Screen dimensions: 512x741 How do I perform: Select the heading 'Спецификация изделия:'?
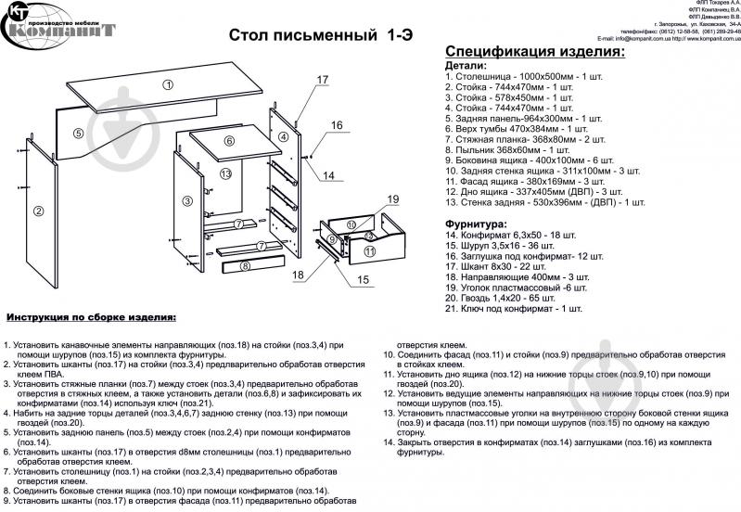point(534,51)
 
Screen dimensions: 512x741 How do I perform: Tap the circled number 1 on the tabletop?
point(168,84)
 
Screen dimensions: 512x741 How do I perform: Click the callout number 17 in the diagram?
point(322,81)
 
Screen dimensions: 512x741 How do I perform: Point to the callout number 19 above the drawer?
point(392,199)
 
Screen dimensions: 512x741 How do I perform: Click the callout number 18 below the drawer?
point(298,275)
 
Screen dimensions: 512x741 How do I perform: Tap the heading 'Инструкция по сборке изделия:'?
point(90,316)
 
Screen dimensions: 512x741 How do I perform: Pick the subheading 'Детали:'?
point(465,66)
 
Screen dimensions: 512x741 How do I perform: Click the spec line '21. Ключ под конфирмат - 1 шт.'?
point(514,308)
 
